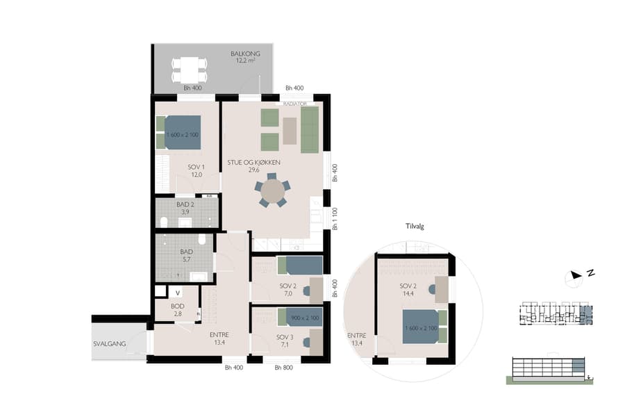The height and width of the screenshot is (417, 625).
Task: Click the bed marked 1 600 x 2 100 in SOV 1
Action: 183,132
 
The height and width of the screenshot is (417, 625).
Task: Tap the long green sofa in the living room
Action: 310,130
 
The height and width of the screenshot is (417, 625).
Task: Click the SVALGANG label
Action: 109,343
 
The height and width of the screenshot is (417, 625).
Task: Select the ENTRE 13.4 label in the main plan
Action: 219,338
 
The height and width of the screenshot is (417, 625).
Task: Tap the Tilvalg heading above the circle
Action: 414,227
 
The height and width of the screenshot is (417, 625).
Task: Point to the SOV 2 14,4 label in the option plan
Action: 408,290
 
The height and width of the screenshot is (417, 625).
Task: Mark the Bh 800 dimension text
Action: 283,368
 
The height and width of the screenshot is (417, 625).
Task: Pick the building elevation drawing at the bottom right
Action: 549,369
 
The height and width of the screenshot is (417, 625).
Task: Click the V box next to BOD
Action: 178,292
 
